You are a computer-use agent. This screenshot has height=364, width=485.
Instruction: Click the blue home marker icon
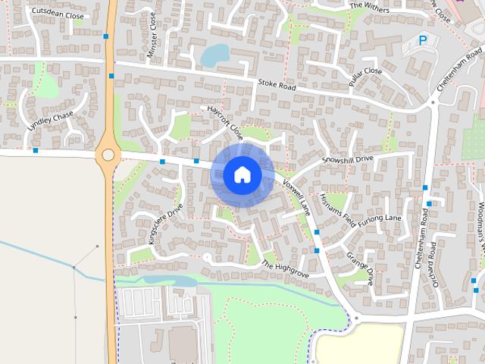coord(242,174)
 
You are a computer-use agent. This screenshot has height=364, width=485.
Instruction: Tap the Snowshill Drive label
coord(348,158)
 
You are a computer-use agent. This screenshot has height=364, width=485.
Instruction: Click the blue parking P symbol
coord(423,40)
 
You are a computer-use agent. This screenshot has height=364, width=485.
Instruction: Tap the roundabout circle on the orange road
coord(108,155)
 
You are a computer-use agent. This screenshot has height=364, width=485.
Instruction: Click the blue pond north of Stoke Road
coord(215,55)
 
